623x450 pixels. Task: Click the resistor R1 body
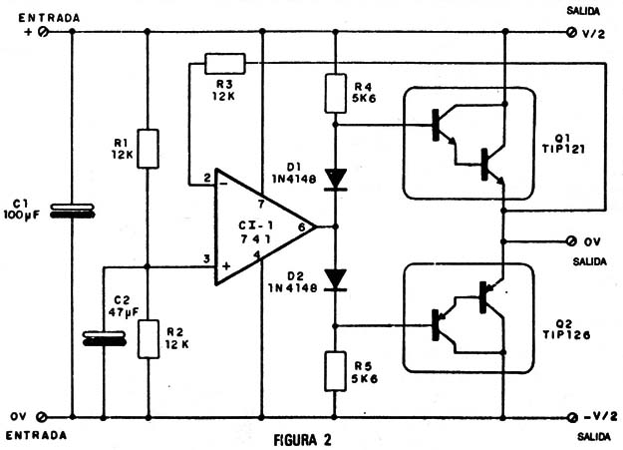(x=148, y=148)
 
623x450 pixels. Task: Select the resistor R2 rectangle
(x=148, y=337)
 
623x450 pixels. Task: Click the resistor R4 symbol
(x=336, y=93)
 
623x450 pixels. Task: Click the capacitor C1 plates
(x=73, y=211)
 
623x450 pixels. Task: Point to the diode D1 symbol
(x=336, y=178)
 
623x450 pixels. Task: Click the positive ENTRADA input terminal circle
(x=43, y=32)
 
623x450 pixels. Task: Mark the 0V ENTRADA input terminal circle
(x=43, y=416)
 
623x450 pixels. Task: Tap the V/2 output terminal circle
(x=572, y=32)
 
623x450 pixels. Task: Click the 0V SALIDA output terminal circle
(x=572, y=241)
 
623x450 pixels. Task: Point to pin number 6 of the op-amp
(x=302, y=227)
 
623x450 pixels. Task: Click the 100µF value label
(x=22, y=215)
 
